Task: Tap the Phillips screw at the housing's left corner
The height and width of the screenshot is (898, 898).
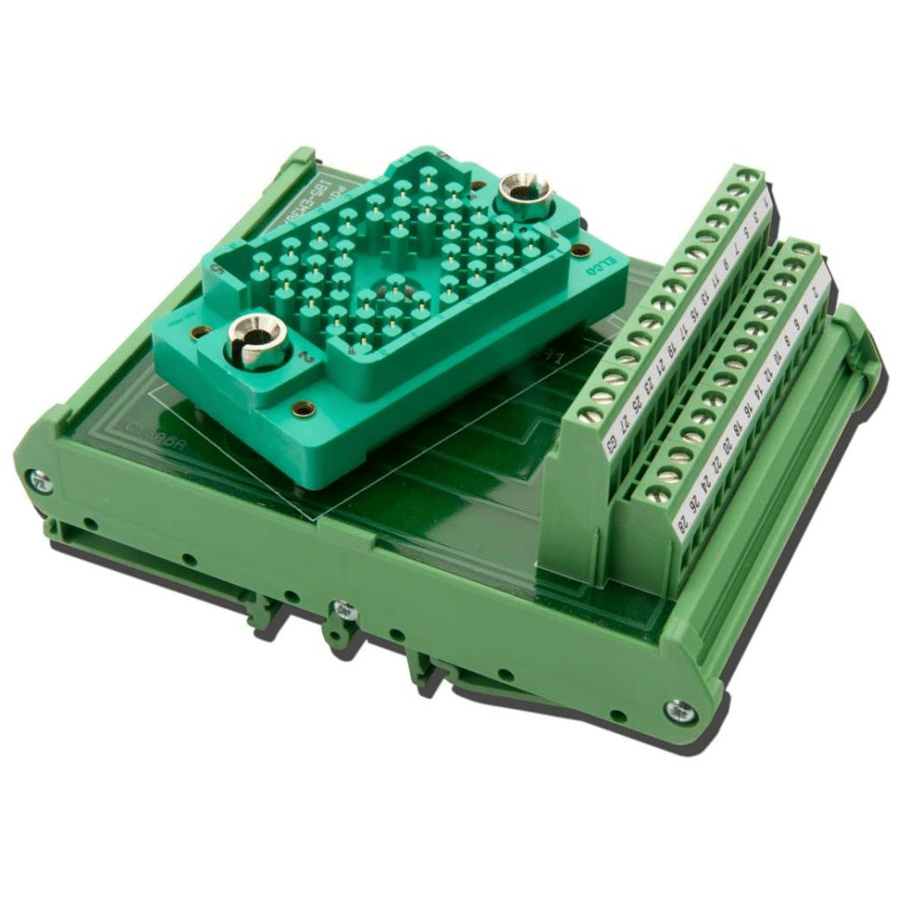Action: (38, 479)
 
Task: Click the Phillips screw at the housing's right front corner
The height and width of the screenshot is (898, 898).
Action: (678, 708)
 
